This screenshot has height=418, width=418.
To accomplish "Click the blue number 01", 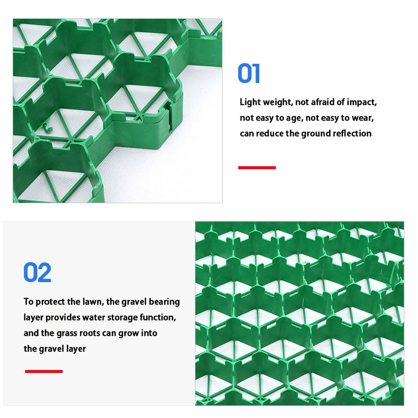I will click(x=249, y=74).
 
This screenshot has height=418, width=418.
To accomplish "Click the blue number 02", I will click(x=38, y=273).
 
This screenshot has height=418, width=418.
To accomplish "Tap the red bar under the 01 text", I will click(x=257, y=168).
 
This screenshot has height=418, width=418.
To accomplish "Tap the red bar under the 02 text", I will click(x=44, y=371).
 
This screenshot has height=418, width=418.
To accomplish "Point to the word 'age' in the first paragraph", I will click(x=294, y=118).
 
